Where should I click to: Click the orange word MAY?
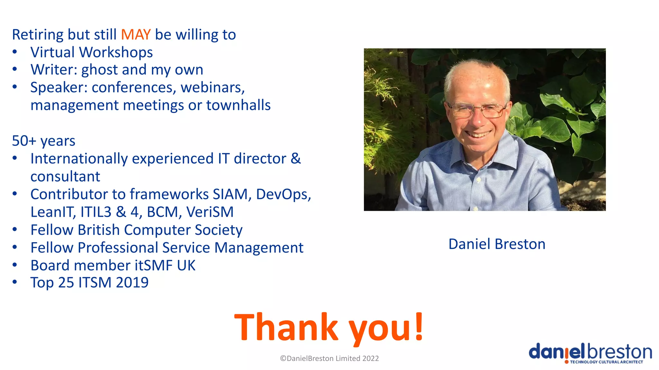pyautogui.click(x=135, y=35)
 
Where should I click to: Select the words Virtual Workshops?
pyautogui.click(x=91, y=52)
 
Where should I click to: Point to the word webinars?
pyautogui.click(x=212, y=88)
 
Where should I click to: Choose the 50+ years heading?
pyautogui.click(x=43, y=141)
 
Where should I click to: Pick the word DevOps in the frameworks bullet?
pyautogui.click(x=283, y=194)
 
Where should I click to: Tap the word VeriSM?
pyautogui.click(x=210, y=212)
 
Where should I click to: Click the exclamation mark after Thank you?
pyautogui.click(x=419, y=326)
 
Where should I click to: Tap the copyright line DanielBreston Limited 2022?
pyautogui.click(x=329, y=358)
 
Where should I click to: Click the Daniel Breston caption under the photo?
pyautogui.click(x=497, y=244)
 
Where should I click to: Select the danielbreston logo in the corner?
pyautogui.click(x=590, y=353)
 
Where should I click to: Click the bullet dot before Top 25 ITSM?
pyautogui.click(x=15, y=282)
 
